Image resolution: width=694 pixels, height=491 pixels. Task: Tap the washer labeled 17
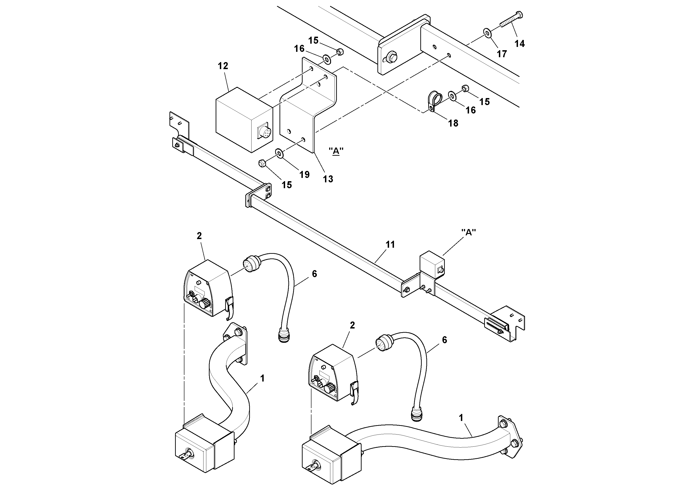(x=487, y=32)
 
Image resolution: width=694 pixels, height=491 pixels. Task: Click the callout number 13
(x=328, y=179)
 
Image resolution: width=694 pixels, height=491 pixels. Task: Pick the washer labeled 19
(x=279, y=153)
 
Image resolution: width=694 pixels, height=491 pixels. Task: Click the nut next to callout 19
(x=262, y=163)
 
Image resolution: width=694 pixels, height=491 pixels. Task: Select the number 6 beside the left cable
(x=314, y=274)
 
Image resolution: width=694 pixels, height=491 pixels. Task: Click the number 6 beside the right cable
(x=444, y=340)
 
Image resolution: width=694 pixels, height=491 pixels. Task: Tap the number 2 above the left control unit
(x=199, y=236)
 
